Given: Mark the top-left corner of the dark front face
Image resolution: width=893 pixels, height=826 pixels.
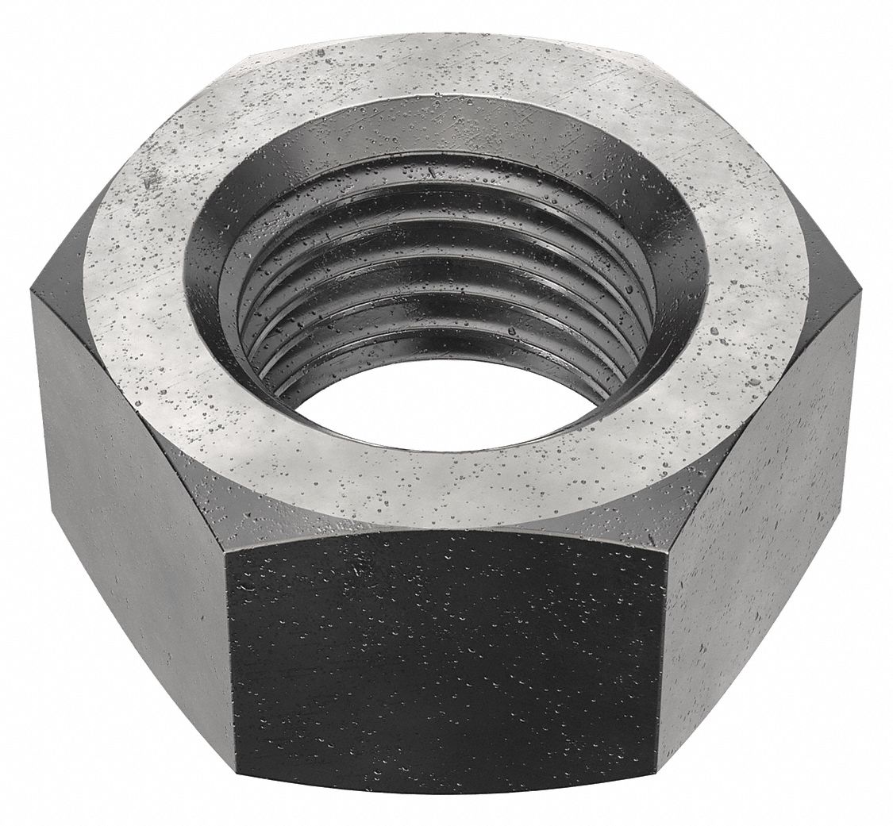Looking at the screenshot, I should (230, 547).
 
